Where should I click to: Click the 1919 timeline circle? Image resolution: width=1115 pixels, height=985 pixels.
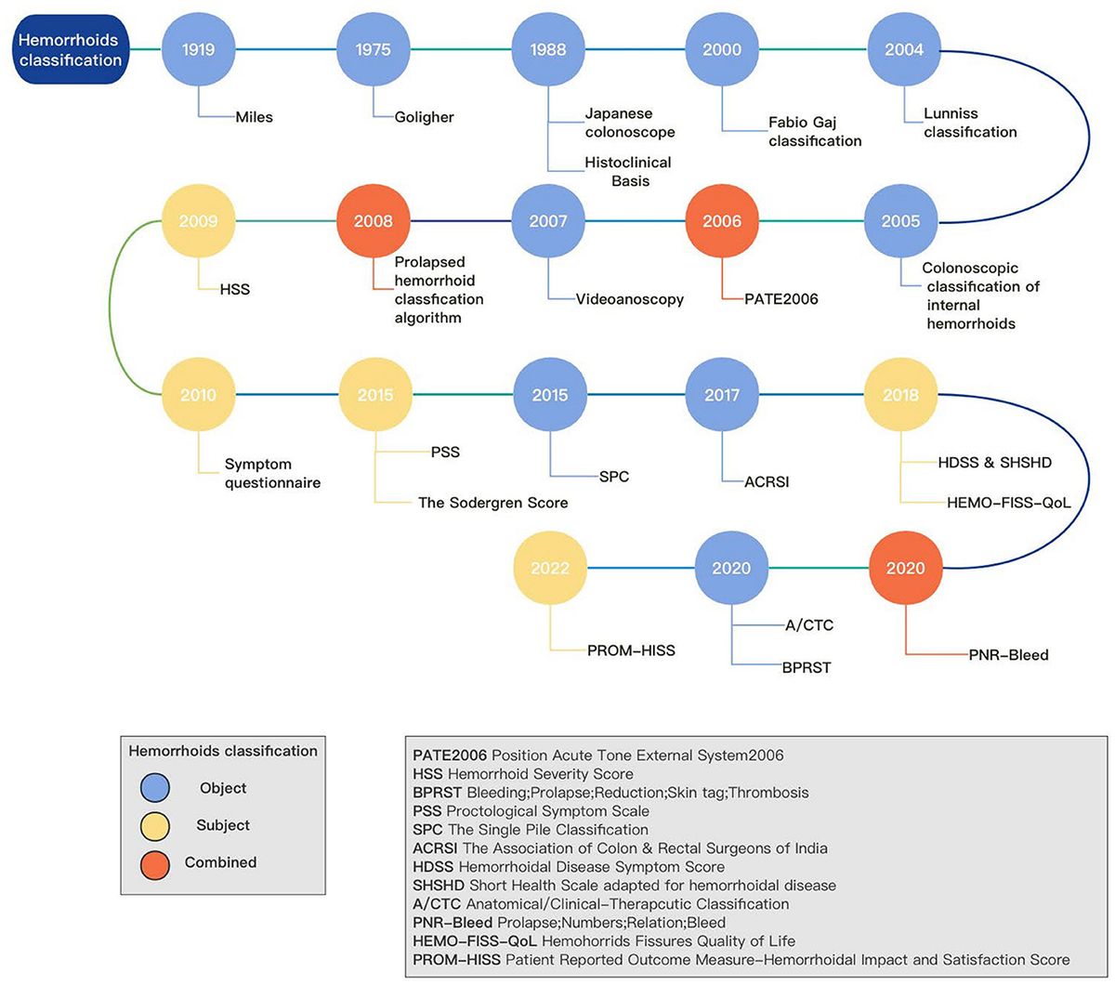click(199, 49)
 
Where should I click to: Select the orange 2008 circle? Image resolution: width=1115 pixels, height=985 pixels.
click(373, 221)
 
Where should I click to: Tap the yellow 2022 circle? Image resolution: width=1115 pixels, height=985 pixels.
click(550, 568)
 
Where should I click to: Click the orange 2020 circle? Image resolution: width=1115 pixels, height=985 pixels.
click(905, 568)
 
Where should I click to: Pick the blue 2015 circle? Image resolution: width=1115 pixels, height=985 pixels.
click(550, 395)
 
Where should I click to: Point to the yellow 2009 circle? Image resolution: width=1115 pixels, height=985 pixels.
click(199, 221)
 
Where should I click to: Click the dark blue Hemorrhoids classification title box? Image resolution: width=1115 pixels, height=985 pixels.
click(71, 49)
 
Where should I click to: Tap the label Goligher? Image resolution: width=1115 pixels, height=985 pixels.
click(423, 117)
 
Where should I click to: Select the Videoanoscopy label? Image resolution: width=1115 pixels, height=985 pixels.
click(629, 299)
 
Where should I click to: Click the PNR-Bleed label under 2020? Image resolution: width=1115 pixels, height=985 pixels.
click(1008, 654)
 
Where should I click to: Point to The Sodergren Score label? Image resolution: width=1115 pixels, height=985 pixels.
click(492, 503)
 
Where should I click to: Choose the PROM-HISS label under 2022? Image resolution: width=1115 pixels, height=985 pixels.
click(631, 650)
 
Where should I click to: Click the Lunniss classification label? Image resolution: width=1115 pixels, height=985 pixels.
click(969, 123)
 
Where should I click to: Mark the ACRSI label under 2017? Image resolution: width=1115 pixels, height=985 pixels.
click(767, 481)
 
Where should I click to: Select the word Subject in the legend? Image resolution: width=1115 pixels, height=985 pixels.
click(223, 825)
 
